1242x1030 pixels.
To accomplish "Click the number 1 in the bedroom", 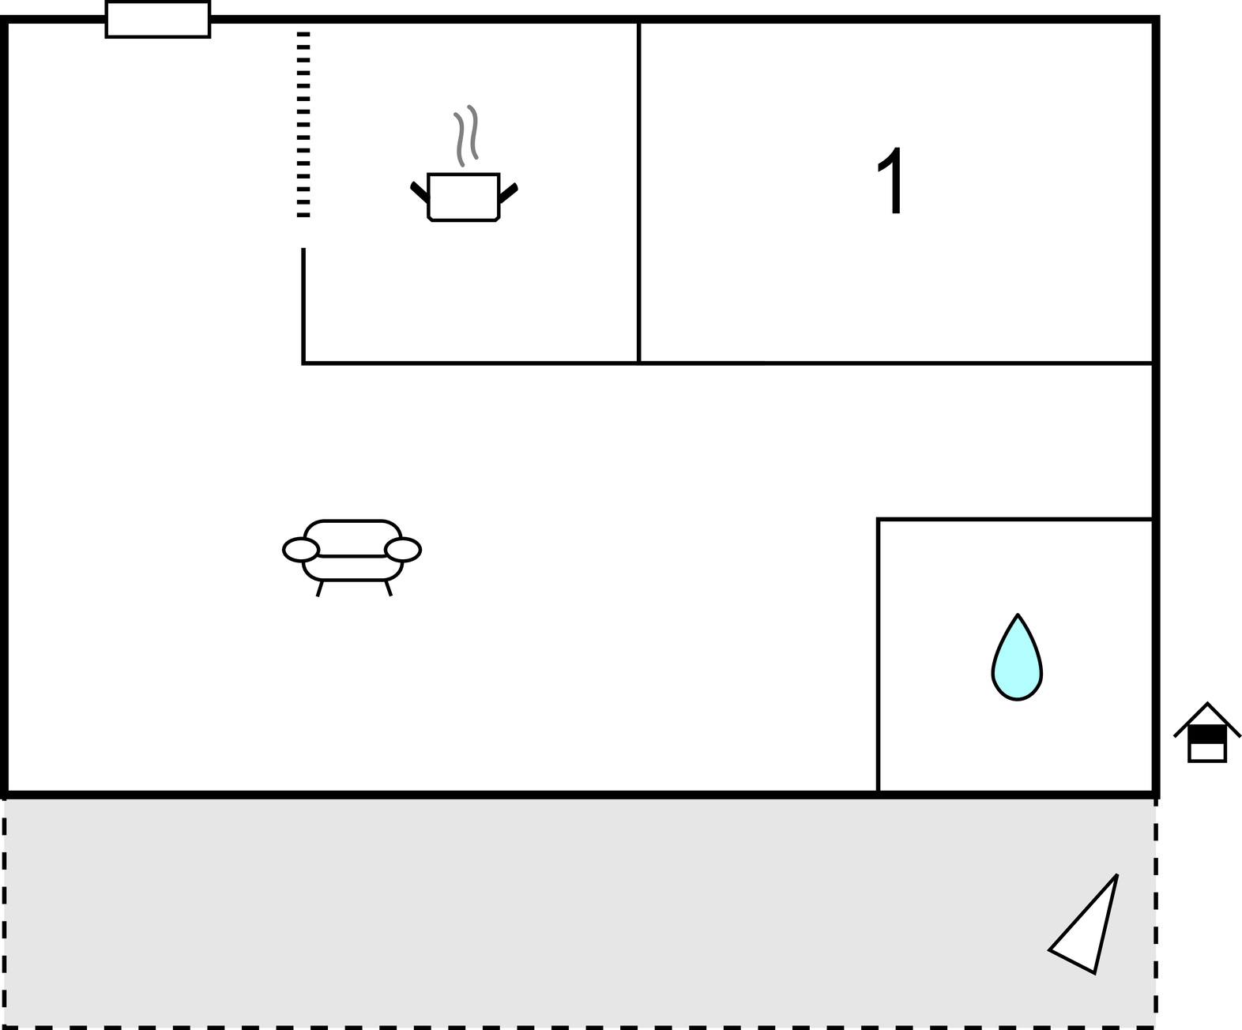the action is pyautogui.click(x=890, y=180).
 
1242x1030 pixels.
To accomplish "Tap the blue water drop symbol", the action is pyautogui.click(x=1017, y=657).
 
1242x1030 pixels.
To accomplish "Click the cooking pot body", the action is pyautogui.click(x=463, y=197).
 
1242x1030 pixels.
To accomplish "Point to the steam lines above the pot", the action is pyautogui.click(x=466, y=136).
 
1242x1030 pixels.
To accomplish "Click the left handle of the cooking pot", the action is pyautogui.click(x=420, y=192).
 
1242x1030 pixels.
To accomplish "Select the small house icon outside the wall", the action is pyautogui.click(x=1207, y=733).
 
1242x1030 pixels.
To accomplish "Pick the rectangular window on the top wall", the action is pyautogui.click(x=158, y=20).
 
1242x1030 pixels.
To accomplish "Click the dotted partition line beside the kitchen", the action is pyautogui.click(x=303, y=125).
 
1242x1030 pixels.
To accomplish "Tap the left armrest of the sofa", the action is pyautogui.click(x=301, y=550).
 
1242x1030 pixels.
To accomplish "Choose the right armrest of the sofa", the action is pyautogui.click(x=403, y=550).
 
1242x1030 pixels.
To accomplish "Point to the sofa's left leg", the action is pyautogui.click(x=320, y=588).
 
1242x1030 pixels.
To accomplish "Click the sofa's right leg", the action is pyautogui.click(x=389, y=588).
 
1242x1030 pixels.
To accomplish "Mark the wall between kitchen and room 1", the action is pyautogui.click(x=639, y=192).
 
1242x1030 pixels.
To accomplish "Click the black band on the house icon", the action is pyautogui.click(x=1207, y=735).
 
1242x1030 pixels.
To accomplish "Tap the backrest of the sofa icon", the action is pyautogui.click(x=352, y=538).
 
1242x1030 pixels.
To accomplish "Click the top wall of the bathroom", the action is pyautogui.click(x=1015, y=519).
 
